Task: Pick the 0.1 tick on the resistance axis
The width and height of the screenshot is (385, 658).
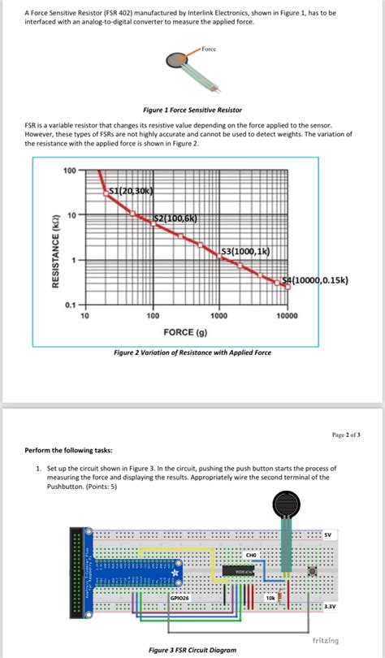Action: (71, 305)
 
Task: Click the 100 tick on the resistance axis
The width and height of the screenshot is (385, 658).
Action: (69, 171)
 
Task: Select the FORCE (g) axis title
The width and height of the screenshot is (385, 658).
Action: (185, 332)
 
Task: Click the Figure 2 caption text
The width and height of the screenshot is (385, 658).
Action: (192, 352)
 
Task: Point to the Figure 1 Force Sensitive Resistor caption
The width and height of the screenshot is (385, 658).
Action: (192, 109)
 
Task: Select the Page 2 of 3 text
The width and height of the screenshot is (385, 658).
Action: (346, 435)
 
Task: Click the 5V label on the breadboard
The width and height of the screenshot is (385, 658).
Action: (327, 535)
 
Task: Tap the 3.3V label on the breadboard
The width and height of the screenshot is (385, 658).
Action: (329, 605)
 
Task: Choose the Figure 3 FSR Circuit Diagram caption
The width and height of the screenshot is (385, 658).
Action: (192, 650)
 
